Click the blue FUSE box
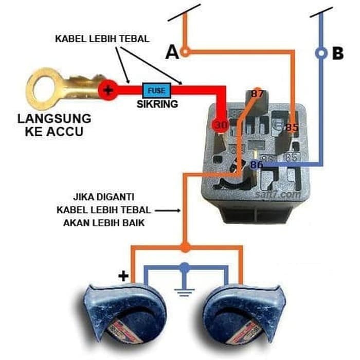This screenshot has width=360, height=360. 156,91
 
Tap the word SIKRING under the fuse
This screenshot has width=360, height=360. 157,104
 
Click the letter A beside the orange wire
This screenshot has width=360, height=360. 172,52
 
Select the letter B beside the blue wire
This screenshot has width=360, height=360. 337,53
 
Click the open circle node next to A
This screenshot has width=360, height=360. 186,51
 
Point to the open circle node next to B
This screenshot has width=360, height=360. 321,53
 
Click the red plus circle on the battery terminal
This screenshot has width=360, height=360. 108,91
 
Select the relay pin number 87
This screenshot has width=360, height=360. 257,95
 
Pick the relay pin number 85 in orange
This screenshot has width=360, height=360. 292,127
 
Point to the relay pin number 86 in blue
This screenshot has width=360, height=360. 256,165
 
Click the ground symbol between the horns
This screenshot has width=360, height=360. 184,293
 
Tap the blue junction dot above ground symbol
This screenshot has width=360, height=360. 185,267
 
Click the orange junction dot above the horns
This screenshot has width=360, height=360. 185,247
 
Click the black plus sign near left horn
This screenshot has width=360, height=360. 123,276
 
